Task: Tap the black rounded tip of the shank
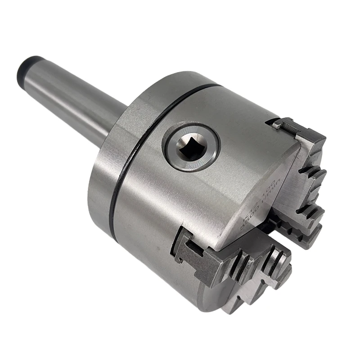click(x=28, y=67)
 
